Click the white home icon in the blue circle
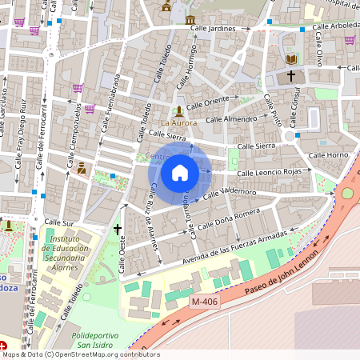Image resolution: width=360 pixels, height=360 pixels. click(180, 172)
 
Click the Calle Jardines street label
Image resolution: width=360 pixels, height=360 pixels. click(214, 28)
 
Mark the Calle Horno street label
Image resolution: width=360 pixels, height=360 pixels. click(328, 154)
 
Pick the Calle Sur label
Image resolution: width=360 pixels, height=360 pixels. click(58, 222)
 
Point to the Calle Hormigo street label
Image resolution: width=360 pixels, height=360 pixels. click(190, 63)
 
